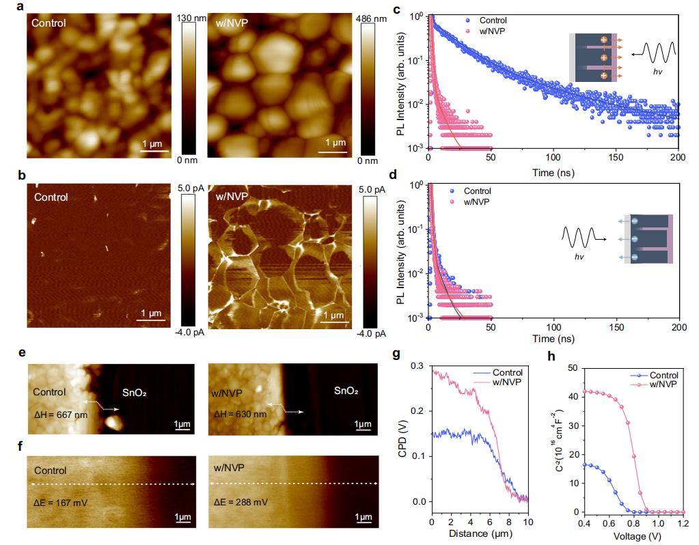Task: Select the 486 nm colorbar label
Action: point(372,19)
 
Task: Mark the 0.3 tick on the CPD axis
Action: point(417,367)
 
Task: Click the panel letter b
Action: point(23,176)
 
